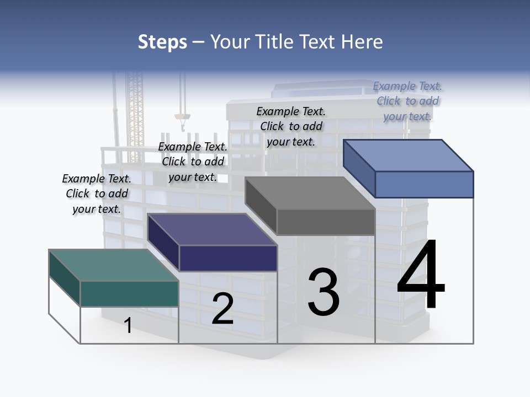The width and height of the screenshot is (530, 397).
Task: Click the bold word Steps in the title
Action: click(x=162, y=42)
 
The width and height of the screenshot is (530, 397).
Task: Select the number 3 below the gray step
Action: click(x=324, y=292)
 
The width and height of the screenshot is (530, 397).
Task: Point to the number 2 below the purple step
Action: click(x=222, y=309)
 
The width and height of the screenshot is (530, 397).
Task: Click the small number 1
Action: click(x=128, y=325)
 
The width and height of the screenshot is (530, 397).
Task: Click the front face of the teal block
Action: click(x=129, y=293)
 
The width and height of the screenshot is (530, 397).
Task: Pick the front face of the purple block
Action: click(x=228, y=258)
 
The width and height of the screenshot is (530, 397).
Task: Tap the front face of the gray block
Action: click(x=326, y=222)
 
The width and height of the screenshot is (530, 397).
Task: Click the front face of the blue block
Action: click(x=424, y=184)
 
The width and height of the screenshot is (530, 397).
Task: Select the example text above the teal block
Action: click(x=97, y=194)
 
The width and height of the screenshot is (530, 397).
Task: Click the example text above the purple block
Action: click(x=193, y=162)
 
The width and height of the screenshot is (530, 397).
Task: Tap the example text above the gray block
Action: click(x=291, y=126)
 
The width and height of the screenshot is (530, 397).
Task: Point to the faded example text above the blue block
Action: click(x=407, y=101)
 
